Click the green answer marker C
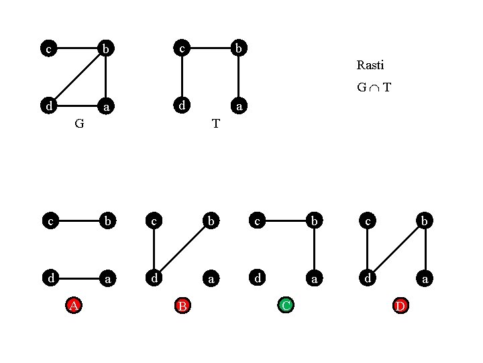pyautogui.click(x=286, y=306)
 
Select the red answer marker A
pyautogui.click(x=74, y=306)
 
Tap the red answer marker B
pyautogui.click(x=182, y=306)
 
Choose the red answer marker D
pyautogui.click(x=400, y=306)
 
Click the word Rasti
pyautogui.click(x=370, y=65)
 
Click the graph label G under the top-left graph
pyautogui.click(x=79, y=124)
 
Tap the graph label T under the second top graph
pyautogui.click(x=215, y=124)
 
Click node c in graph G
pyautogui.click(x=48, y=48)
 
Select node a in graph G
pyautogui.click(x=106, y=106)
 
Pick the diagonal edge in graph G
pyautogui.click(x=76, y=77)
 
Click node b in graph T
pyautogui.click(x=239, y=48)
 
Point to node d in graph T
pyautogui.click(x=181, y=106)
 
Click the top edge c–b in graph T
pyautogui.click(x=210, y=48)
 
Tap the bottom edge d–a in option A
pyautogui.click(x=76, y=277)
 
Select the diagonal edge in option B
pyautogui.click(x=182, y=249)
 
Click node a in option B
pyautogui.click(x=211, y=277)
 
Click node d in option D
pyautogui.click(x=368, y=277)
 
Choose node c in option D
pyautogui.click(x=368, y=220)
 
